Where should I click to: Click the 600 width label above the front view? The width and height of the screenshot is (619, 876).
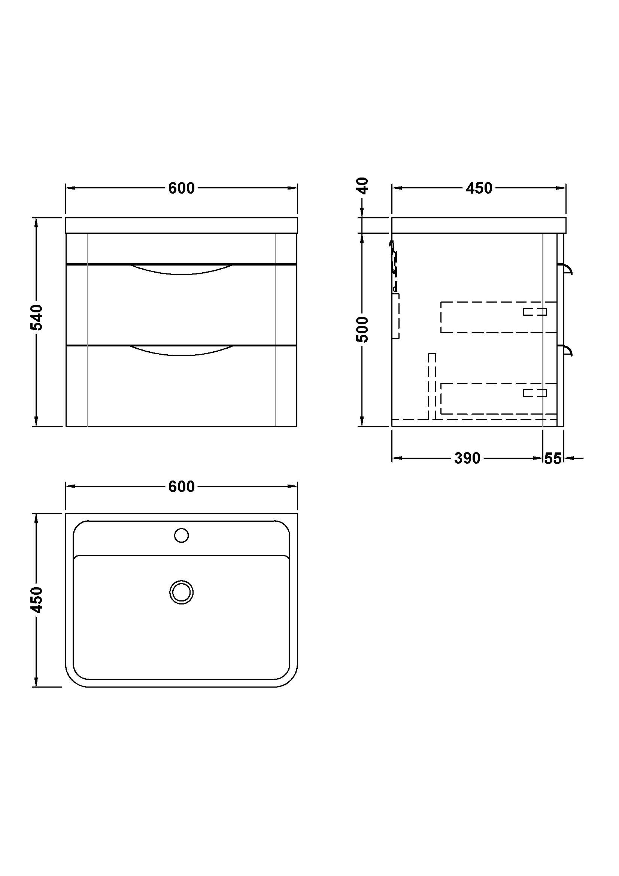[x=182, y=188]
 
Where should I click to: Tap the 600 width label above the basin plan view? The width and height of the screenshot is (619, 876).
[x=182, y=487]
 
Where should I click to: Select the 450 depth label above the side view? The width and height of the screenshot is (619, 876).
[x=479, y=188]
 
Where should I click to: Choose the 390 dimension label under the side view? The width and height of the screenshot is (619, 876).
[x=467, y=458]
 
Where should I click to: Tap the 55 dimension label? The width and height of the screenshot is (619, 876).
[x=553, y=458]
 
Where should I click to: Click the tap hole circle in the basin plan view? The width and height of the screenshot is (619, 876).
[x=182, y=535]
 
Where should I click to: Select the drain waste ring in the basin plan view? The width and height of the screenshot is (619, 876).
[x=182, y=592]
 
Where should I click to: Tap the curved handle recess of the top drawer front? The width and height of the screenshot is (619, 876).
[x=182, y=269]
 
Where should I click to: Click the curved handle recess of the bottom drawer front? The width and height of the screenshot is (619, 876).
[x=182, y=351]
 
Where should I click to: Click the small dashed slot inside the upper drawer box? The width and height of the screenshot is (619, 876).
[x=535, y=312]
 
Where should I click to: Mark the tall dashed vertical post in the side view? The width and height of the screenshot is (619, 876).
[x=432, y=385]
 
